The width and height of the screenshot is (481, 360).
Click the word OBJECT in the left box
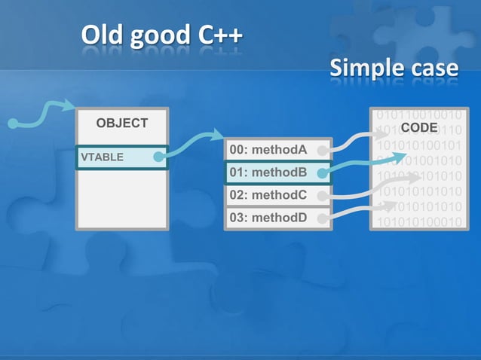coord(121,123)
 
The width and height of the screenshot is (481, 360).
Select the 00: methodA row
coord(268,150)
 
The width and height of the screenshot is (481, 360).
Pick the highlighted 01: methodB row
coord(268,172)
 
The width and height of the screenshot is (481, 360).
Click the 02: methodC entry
coord(268,195)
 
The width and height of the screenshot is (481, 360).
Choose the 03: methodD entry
coord(268,218)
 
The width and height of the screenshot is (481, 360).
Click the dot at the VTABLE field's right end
coord(158,157)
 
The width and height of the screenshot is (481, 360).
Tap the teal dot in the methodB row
coord(322,173)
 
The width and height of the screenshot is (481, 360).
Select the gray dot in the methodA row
coord(322,150)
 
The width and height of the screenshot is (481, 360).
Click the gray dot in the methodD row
coord(322,219)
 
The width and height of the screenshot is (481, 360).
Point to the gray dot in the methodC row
coord(322,196)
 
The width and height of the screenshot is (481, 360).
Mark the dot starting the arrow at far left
coord(12,123)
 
